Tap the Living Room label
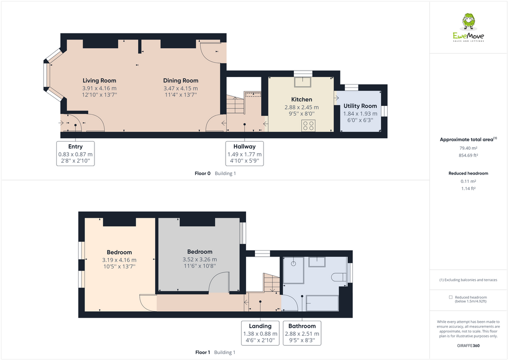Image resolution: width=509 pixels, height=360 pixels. pos(99,81)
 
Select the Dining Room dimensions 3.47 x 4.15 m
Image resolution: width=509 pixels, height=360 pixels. pos(181,88)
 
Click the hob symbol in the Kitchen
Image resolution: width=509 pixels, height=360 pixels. pos(308,126)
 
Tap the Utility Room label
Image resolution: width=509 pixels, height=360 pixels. pos(360,106)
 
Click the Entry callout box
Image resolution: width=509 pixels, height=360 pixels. pos(76,153)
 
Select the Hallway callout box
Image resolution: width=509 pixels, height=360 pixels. pos(245,154)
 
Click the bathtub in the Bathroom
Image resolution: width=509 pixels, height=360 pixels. pos(323,302)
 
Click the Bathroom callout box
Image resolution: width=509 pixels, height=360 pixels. pos(302,333)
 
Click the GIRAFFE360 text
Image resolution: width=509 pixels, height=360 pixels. pos(468,346)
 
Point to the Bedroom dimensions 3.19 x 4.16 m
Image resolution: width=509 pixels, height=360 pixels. pos(119,260)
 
